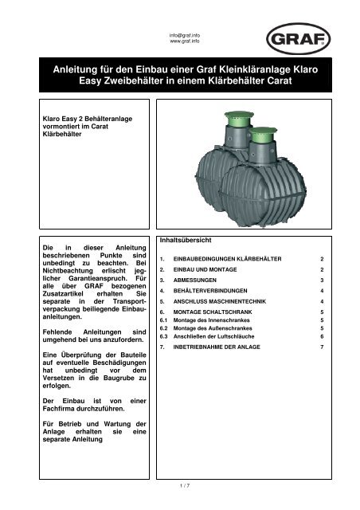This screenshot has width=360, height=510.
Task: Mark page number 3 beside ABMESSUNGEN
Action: [x=322, y=281]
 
